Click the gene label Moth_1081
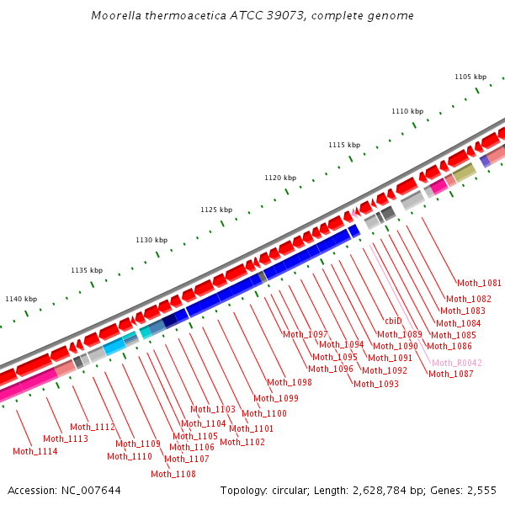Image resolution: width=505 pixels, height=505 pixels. (479, 283)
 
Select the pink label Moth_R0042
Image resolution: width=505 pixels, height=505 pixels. (456, 363)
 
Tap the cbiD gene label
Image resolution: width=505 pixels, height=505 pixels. (393, 321)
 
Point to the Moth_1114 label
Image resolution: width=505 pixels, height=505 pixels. (35, 451)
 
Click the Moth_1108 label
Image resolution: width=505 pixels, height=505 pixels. (173, 474)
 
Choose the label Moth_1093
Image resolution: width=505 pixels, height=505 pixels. (375, 384)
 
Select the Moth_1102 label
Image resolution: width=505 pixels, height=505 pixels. (242, 442)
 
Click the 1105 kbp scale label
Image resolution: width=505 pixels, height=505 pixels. (470, 77)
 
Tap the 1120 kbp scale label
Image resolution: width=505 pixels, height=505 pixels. (280, 178)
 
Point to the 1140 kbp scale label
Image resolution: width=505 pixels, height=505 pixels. (21, 299)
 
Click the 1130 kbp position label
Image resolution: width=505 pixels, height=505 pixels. (151, 240)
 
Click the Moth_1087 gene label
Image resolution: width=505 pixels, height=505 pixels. (450, 374)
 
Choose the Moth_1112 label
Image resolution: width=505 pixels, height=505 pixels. (93, 427)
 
